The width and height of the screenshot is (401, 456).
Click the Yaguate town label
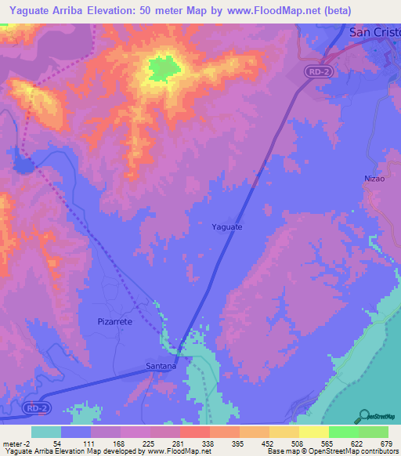click(227, 226)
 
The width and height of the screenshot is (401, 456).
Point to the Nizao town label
click(375, 179)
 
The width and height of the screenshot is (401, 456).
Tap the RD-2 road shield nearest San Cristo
click(316, 71)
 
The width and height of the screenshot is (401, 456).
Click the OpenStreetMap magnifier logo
click(363, 415)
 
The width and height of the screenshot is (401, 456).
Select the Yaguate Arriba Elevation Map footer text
click(47, 451)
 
